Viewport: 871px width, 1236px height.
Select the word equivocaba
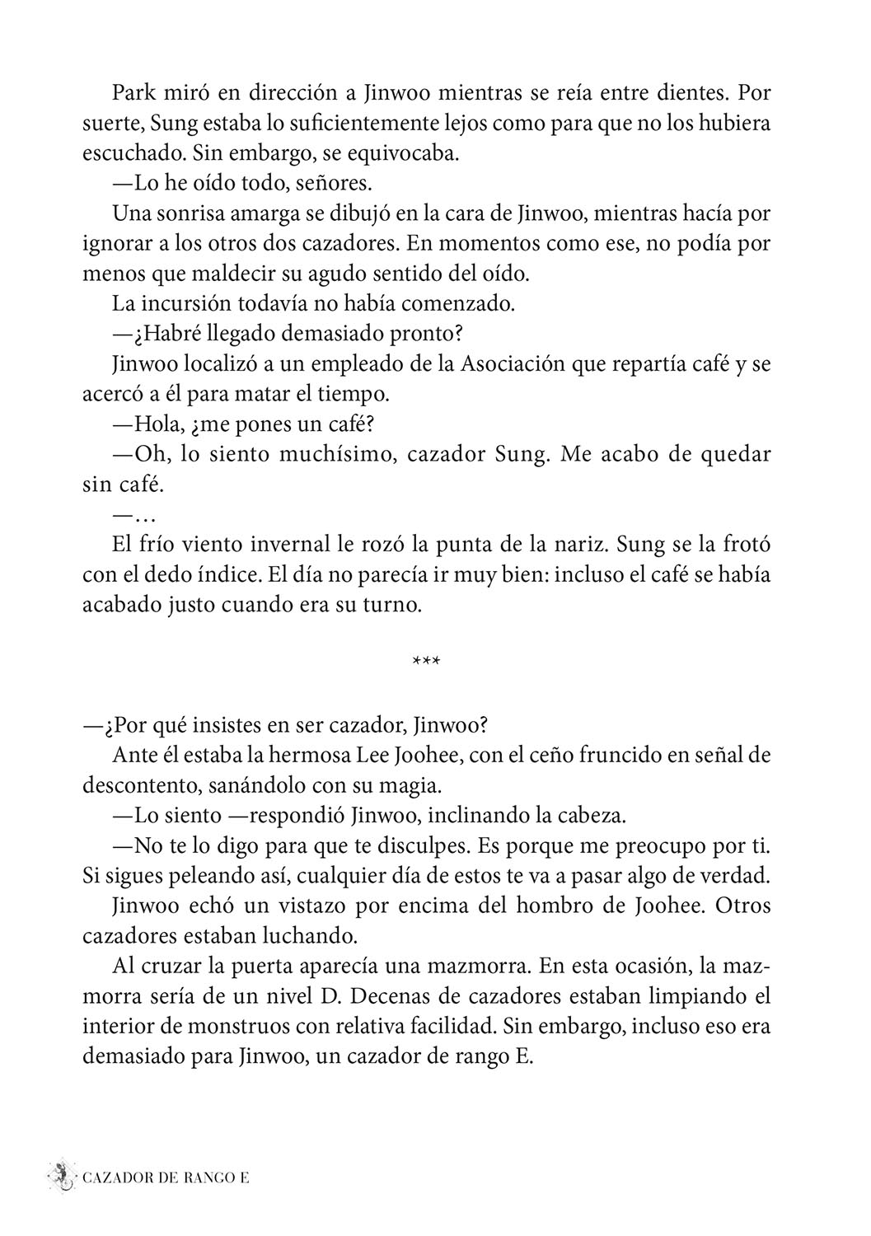point(396,153)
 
